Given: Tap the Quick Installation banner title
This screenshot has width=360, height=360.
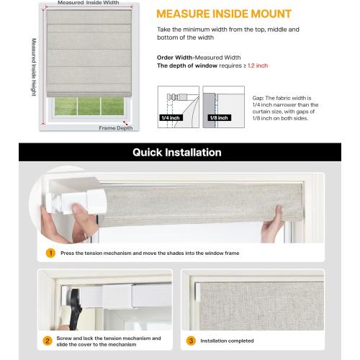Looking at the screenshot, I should [177, 153].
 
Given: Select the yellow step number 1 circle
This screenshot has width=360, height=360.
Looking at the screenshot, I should [50, 253].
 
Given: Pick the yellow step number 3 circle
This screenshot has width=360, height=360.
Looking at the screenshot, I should [191, 339].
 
